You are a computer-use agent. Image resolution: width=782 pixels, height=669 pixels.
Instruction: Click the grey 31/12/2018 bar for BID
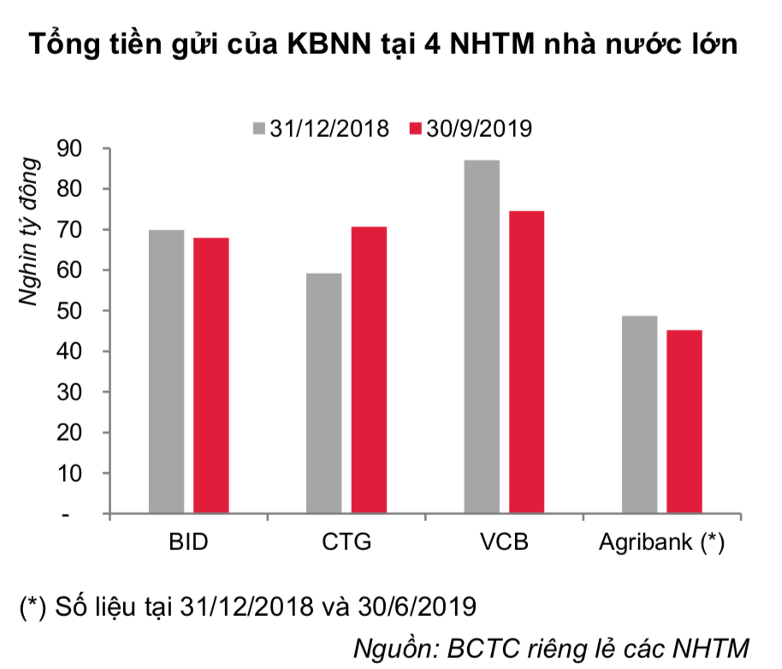pos(166,372)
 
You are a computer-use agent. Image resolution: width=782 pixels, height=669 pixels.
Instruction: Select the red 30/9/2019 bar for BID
pos(210,376)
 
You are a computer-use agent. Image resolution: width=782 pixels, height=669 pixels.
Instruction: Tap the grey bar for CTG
pos(323,394)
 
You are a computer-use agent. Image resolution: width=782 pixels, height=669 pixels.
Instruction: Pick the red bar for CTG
pos(369,370)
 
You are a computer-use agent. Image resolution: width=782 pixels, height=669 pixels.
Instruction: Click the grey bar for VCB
pos(482,337)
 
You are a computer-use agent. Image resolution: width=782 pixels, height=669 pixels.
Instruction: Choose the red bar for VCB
pos(526,363)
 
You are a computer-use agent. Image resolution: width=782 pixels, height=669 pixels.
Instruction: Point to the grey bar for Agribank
pos(639,415)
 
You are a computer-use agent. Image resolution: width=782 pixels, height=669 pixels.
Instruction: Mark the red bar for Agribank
pos(684,423)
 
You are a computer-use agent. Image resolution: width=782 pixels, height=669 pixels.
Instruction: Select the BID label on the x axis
pos(189,543)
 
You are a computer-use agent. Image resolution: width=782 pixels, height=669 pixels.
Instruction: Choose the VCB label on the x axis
pos(504,543)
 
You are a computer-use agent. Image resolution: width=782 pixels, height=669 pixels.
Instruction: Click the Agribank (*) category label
pos(661,543)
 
